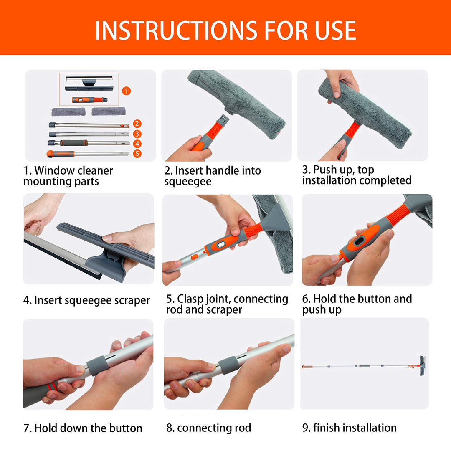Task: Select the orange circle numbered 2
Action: click(137, 124)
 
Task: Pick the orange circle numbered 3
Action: click(137, 134)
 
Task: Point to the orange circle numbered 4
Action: click(137, 144)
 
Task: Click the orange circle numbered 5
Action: click(137, 154)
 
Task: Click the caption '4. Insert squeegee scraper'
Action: click(86, 300)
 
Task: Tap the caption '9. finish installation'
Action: click(349, 428)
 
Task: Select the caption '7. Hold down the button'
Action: click(83, 428)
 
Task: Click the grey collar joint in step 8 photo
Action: click(229, 365)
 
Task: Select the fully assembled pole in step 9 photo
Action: click(363, 366)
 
